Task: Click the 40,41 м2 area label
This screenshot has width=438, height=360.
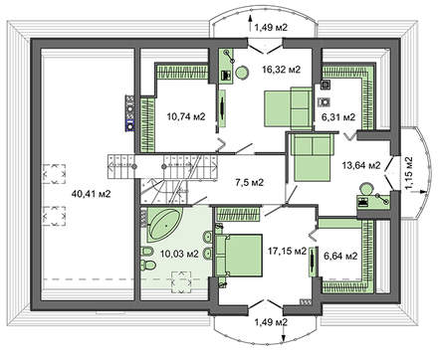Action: click(x=91, y=194)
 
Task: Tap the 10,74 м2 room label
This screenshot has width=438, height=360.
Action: click(x=186, y=116)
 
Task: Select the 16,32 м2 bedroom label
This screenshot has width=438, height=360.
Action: click(x=281, y=70)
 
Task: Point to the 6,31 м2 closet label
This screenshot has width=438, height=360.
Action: click(x=338, y=116)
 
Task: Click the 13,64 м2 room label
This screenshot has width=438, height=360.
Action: click(x=361, y=165)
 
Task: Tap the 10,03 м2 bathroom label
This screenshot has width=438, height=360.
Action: click(x=179, y=254)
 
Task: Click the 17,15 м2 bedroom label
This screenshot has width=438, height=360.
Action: click(x=287, y=252)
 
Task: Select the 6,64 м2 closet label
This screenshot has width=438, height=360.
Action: click(x=340, y=256)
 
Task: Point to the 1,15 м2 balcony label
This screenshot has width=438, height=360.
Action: click(x=409, y=173)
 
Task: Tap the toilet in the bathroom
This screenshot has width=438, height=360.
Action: click(x=148, y=266)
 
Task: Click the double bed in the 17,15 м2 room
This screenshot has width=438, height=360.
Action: click(x=239, y=255)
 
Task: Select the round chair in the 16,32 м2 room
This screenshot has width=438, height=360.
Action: click(x=242, y=73)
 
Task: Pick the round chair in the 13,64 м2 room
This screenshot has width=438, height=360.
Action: click(x=366, y=189)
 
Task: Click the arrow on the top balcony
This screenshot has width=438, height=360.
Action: click(x=250, y=23)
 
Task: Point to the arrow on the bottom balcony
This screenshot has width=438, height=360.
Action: click(x=284, y=332)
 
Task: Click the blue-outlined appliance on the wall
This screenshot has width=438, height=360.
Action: click(x=129, y=125)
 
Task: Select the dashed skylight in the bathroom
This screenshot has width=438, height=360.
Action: click(x=181, y=281)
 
